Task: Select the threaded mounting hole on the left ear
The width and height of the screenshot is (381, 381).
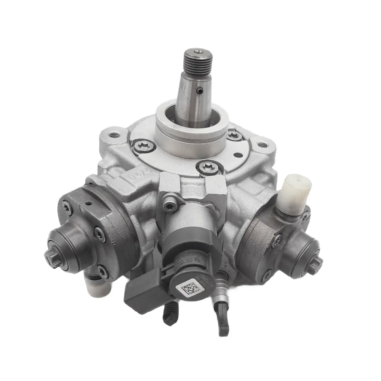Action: click(x=113, y=134)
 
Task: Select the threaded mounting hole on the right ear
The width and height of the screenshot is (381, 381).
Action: click(x=261, y=145)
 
